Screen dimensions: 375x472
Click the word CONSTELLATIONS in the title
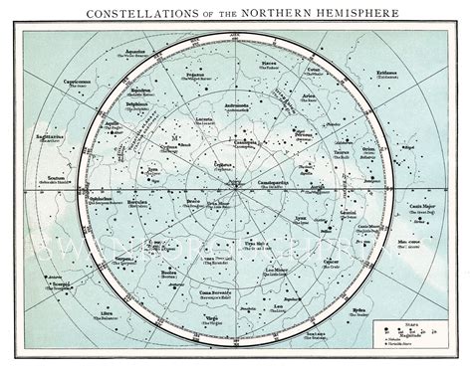131,13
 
